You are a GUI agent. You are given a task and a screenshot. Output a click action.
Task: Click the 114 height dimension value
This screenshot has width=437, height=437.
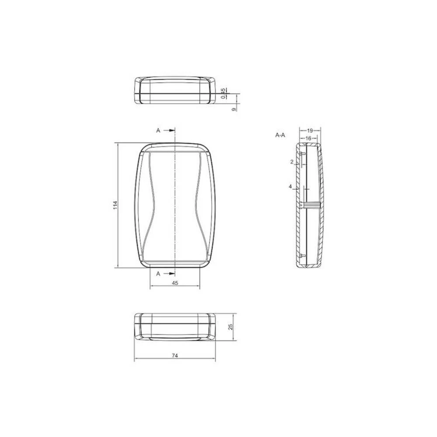tap(115, 205)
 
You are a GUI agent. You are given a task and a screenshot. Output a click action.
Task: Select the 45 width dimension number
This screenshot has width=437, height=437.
tap(175, 283)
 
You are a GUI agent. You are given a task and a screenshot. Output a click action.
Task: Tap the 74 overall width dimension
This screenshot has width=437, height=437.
tap(175, 356)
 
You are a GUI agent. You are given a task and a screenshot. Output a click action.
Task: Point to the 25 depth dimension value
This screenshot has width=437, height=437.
tap(231, 326)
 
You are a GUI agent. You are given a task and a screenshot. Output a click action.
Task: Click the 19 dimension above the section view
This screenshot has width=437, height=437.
tap(309, 130)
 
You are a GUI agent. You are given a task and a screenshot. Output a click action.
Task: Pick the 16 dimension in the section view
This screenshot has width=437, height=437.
tap(308, 138)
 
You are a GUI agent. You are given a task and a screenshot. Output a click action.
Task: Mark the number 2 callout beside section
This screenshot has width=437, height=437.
tap(292, 162)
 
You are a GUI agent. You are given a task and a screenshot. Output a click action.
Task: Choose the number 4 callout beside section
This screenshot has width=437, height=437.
tap(290, 187)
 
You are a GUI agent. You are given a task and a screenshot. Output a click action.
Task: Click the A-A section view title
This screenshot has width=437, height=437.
tap(280, 135)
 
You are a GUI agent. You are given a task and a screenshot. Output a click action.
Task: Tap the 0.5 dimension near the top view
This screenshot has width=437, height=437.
tap(223, 93)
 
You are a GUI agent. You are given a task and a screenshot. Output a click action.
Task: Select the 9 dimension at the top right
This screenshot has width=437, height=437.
tap(234, 108)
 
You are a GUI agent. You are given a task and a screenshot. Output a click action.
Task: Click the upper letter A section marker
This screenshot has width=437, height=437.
tap(159, 130)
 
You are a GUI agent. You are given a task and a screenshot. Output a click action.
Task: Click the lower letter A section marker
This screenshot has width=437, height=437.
tap(159, 274)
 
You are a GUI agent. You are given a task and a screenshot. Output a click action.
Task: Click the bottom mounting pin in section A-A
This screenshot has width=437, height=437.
tap(302, 254)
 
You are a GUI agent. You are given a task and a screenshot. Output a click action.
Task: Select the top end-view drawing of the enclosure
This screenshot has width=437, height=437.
tap(175, 90)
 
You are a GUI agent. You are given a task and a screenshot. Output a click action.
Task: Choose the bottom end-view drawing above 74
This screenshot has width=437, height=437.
tap(175, 326)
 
